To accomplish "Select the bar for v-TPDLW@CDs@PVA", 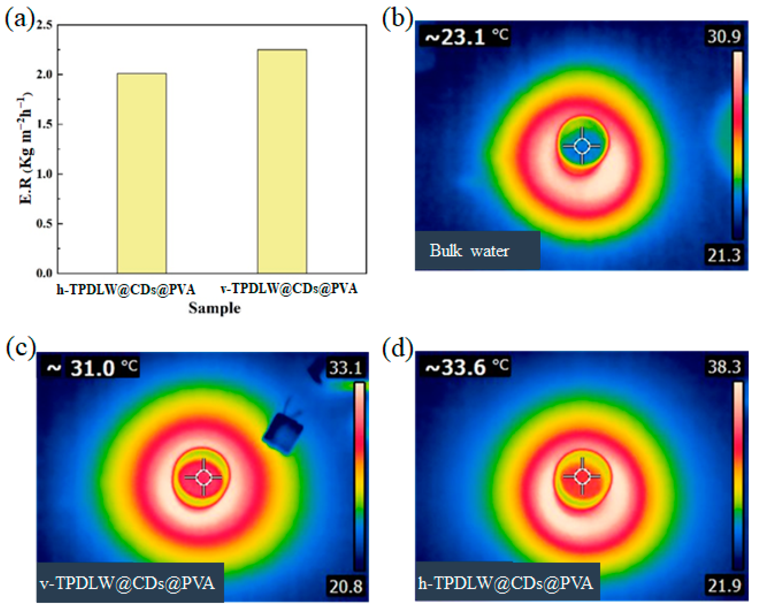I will pyautogui.click(x=282, y=161).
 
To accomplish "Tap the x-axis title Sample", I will pyautogui.click(x=215, y=308).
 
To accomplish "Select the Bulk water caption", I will pyautogui.click(x=469, y=251).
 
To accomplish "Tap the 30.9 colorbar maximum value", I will pyautogui.click(x=724, y=36).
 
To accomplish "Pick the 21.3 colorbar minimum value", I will pyautogui.click(x=724, y=256).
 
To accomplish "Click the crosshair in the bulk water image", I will pyautogui.click(x=582, y=146).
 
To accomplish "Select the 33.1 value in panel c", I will pyautogui.click(x=345, y=368).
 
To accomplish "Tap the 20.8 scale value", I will pyautogui.click(x=345, y=586).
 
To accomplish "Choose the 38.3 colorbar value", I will pyautogui.click(x=724, y=367).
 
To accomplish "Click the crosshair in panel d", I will pyautogui.click(x=582, y=476).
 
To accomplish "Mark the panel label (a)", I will pyautogui.click(x=19, y=19).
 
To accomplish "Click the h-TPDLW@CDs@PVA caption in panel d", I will pyautogui.click(x=506, y=584).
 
